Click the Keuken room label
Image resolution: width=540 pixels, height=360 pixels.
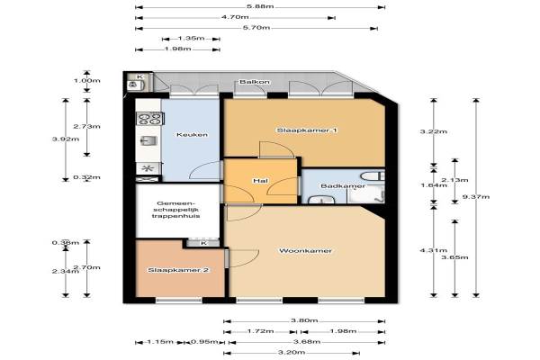pyautogui.click(x=192, y=135)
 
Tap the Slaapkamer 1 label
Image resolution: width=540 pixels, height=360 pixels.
pyautogui.click(x=307, y=130)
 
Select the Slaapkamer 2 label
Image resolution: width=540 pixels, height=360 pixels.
pyautogui.click(x=178, y=270)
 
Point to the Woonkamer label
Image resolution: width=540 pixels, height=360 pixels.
pyautogui.click(x=305, y=251)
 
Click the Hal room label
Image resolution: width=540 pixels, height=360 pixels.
pyautogui.click(x=260, y=181)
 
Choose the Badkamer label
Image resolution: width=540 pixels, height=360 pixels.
pyautogui.click(x=343, y=186)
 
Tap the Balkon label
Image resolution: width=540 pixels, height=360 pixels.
pyautogui.click(x=255, y=82)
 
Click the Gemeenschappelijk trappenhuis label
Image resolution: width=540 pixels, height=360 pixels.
pyautogui.click(x=176, y=210)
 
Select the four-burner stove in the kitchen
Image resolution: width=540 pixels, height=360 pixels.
pyautogui.click(x=149, y=119)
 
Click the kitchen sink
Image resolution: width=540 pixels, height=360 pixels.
pyautogui.click(x=148, y=141)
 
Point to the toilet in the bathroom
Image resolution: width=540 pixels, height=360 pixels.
pyautogui.click(x=373, y=176)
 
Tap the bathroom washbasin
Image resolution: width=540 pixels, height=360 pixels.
pyautogui.click(x=321, y=200)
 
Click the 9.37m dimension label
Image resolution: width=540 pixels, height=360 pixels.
pyautogui.click(x=475, y=197)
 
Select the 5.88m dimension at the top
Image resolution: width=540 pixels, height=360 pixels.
pyautogui.click(x=260, y=6)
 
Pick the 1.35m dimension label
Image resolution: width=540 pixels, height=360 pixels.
pyautogui.click(x=191, y=38)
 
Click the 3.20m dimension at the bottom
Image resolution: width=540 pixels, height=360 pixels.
pyautogui.click(x=292, y=353)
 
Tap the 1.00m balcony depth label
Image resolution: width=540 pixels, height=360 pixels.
pyautogui.click(x=86, y=81)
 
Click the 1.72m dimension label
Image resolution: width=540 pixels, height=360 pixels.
pyautogui.click(x=260, y=331)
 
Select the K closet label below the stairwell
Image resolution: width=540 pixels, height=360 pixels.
pyautogui.click(x=204, y=243)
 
